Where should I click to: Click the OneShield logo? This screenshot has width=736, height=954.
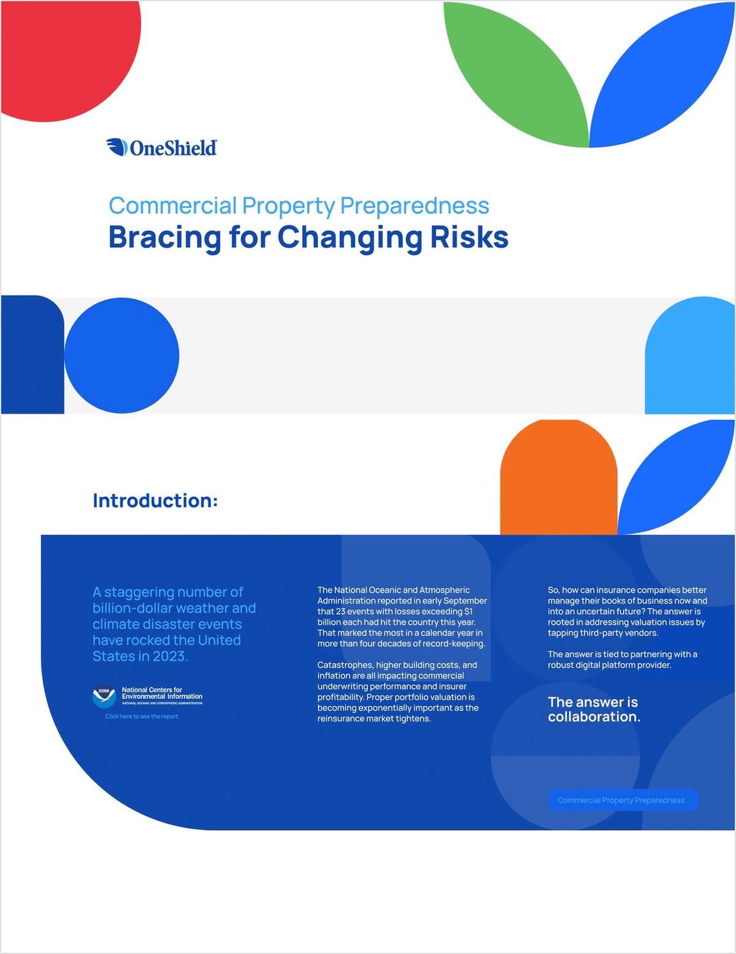coord(161,147)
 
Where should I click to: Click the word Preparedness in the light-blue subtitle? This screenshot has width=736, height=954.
coord(415,206)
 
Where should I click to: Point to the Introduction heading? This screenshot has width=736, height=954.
coord(155,501)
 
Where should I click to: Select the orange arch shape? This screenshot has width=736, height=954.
coord(558,479)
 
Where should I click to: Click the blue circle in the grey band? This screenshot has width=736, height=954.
coord(121,355)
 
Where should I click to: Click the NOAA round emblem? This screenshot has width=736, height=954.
coord(104,697)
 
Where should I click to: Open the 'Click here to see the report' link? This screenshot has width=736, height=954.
coord(142,717)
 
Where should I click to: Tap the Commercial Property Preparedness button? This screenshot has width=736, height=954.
coord(621,800)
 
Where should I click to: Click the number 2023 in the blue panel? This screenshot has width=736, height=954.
coord(169,656)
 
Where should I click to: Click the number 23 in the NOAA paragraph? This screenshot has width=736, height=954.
coord(342,612)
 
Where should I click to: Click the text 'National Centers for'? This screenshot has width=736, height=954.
coord(151,690)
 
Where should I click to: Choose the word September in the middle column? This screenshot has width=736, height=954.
coord(464,601)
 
